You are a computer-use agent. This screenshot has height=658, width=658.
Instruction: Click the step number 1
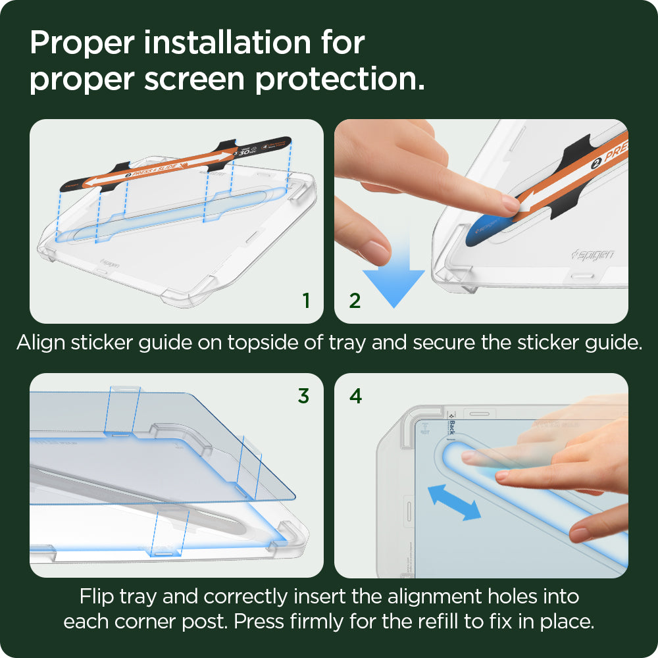click(306, 301)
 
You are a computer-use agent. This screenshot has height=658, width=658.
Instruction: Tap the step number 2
click(355, 301)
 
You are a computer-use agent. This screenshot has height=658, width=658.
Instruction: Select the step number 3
click(303, 396)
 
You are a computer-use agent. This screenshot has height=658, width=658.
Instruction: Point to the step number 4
click(355, 396)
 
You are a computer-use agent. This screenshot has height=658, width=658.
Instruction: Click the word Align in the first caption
click(40, 343)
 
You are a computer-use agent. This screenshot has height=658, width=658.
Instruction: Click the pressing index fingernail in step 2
click(511, 203)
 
